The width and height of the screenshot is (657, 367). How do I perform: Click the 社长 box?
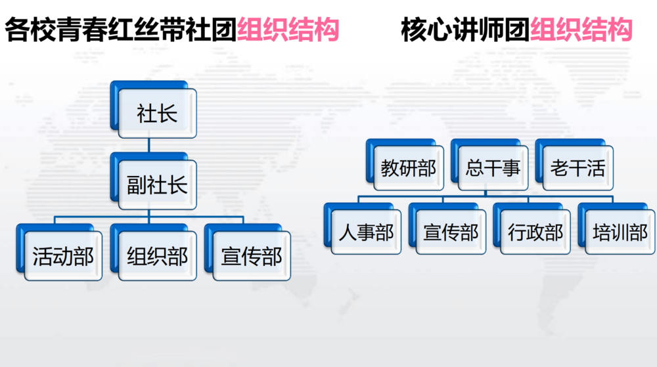[154, 110]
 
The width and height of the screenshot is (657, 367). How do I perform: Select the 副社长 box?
[154, 181]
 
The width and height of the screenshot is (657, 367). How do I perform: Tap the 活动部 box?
[60, 252]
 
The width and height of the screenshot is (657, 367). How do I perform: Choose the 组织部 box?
[154, 252]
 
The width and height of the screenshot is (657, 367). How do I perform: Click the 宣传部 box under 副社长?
[248, 252]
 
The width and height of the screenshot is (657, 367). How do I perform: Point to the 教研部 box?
[405, 165]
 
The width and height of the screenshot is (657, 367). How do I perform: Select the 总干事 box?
[490, 165]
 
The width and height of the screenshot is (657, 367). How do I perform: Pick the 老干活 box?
[574, 165]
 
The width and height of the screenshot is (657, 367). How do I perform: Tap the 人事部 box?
[363, 228]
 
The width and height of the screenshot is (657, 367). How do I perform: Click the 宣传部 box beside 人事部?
[447, 228]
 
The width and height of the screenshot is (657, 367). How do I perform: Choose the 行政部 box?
[532, 228]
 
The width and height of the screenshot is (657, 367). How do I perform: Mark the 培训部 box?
[617, 228]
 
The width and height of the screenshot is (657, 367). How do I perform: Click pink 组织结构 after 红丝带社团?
[288, 30]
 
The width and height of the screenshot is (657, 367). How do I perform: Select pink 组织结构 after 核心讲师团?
[581, 30]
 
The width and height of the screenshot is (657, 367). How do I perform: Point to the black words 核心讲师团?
[466, 30]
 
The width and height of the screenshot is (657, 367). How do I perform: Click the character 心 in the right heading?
[440, 30]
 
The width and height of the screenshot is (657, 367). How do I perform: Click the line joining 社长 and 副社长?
[149, 145]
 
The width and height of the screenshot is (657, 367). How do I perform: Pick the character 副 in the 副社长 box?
[137, 185]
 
